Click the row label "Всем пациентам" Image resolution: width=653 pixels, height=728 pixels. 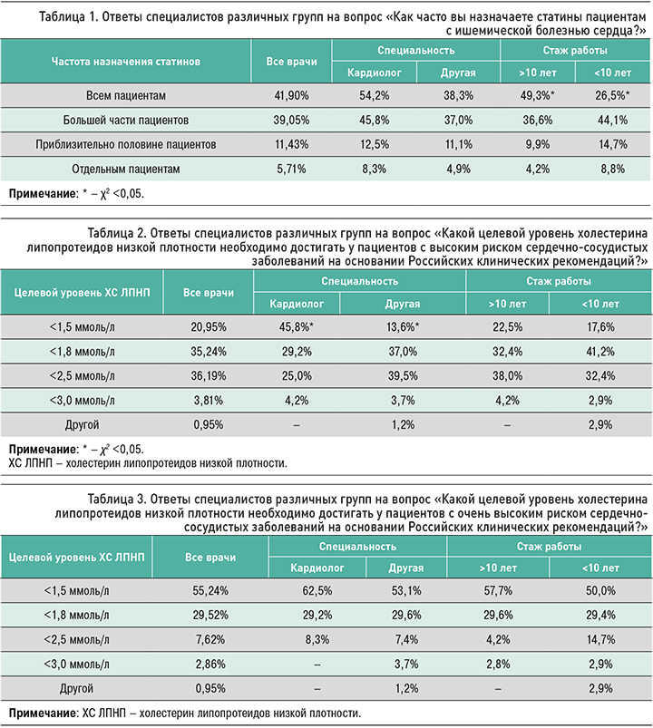click(x=124, y=95)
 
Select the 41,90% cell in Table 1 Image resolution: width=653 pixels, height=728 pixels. click(x=292, y=95)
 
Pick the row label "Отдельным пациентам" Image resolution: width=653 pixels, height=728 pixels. click(x=124, y=169)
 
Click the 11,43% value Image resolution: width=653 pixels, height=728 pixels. click(x=292, y=144)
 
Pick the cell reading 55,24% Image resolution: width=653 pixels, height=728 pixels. click(x=209, y=589)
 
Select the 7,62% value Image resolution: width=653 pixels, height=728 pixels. click(x=209, y=639)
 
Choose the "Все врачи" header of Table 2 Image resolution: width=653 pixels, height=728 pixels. click(x=209, y=292)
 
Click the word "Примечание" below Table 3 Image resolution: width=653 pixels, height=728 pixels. click(x=43, y=712)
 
